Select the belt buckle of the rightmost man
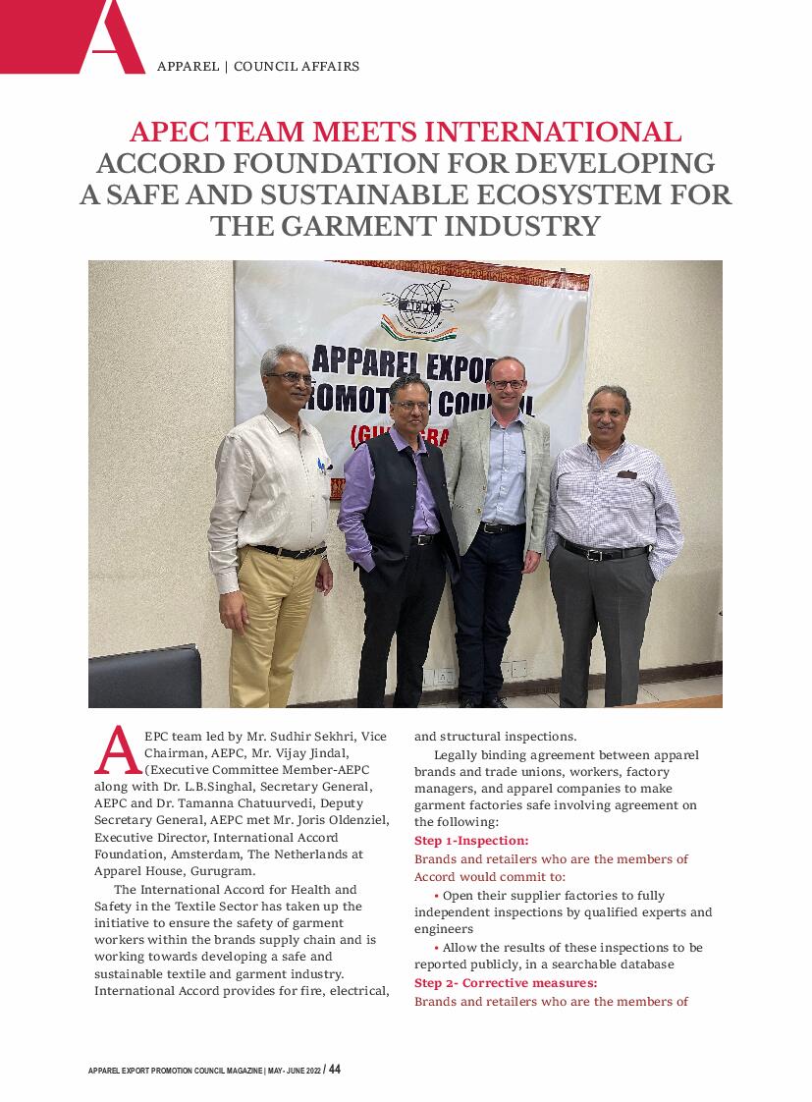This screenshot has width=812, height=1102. (594, 554)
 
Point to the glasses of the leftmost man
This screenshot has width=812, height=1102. (291, 376)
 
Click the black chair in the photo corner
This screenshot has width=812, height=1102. (142, 678)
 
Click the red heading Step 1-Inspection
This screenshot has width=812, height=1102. (471, 841)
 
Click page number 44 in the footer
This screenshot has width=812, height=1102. (335, 1070)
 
